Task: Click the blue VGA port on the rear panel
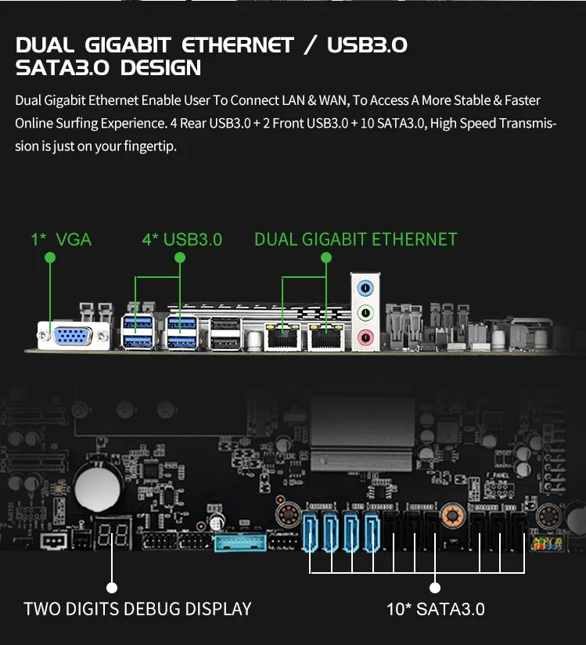(x=70, y=336)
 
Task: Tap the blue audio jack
(x=365, y=287)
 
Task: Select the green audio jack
(x=365, y=312)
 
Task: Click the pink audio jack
(x=365, y=337)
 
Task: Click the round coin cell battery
(x=98, y=486)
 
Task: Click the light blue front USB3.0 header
(x=239, y=541)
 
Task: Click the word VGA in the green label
(x=74, y=240)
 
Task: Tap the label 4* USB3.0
(x=182, y=240)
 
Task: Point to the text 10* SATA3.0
(x=436, y=609)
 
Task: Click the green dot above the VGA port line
(x=49, y=257)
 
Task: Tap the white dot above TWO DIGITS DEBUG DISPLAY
(x=111, y=587)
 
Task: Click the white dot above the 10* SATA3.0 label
(x=435, y=587)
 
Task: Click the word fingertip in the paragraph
(x=149, y=146)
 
